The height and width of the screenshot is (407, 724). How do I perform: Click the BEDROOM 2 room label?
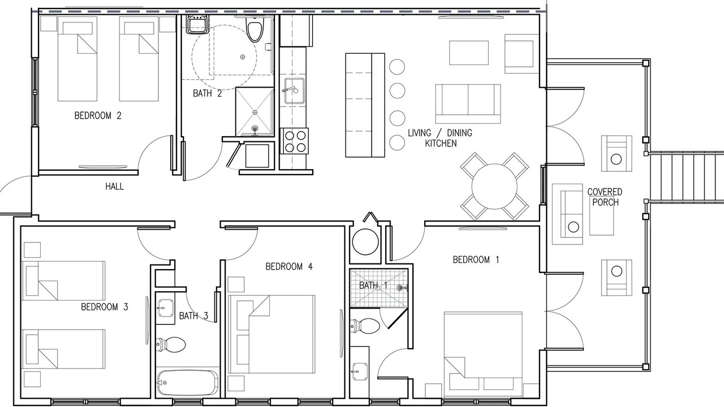[98, 115]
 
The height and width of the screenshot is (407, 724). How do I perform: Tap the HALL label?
[114, 187]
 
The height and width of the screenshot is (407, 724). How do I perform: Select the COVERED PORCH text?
[605, 197]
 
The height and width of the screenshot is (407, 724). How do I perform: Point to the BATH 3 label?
[193, 315]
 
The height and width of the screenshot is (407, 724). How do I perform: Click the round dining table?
[494, 187]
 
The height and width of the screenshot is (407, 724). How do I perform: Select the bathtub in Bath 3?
[187, 383]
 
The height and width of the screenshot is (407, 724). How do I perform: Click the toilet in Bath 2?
[255, 28]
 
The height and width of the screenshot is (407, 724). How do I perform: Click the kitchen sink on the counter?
[294, 91]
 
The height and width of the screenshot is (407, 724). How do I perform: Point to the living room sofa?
[468, 103]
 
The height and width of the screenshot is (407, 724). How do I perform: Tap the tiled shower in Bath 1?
[379, 288]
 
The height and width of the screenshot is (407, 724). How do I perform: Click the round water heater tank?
[365, 241]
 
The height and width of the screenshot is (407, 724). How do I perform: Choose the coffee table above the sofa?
[469, 53]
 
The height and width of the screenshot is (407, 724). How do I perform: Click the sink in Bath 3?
[166, 308]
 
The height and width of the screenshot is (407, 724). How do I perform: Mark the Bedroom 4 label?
[289, 266]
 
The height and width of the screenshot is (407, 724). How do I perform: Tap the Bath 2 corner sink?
[196, 24]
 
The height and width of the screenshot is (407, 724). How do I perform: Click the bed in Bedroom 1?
[483, 354]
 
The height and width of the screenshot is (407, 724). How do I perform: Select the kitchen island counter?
[365, 105]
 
